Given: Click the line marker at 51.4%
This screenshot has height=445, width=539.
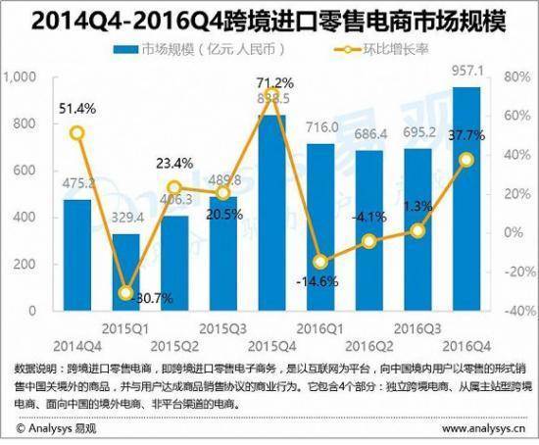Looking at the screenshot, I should click(50, 133).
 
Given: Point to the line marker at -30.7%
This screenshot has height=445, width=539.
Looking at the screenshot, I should click(125, 293).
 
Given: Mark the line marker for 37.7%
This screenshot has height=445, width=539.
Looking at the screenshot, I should click(466, 160).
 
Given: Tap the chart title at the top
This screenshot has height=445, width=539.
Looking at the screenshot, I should click(269, 17).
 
